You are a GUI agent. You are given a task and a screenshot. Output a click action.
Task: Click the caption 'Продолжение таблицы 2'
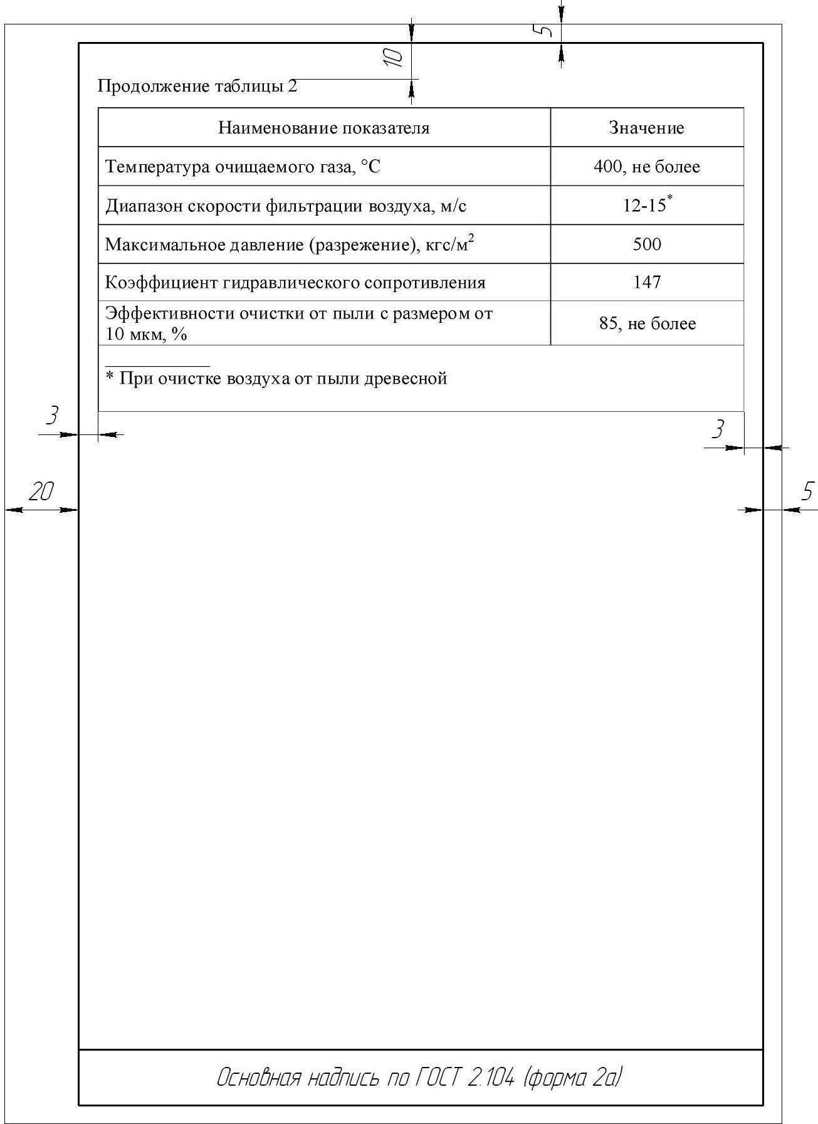197,87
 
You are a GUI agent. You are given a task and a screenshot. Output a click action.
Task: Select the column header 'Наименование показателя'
323,128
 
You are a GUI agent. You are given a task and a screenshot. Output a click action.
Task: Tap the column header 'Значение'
646,128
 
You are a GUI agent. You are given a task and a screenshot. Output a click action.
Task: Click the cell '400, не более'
646,167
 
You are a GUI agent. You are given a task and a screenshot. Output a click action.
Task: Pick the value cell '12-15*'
646,205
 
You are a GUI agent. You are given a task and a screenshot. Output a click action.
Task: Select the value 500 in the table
646,244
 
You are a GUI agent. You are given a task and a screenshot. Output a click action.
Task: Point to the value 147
646,282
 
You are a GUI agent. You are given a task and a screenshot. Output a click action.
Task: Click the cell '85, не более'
646,323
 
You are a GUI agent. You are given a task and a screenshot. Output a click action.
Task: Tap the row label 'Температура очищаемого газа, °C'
243,167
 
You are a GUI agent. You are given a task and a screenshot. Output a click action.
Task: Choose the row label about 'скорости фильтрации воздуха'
285,206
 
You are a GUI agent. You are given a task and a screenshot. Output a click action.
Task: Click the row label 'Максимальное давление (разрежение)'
289,244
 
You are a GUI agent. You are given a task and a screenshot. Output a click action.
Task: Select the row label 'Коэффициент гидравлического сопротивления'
295,283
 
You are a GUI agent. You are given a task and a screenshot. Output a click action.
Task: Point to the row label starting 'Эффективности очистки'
298,323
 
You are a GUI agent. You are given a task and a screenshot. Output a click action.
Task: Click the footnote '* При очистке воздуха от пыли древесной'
276,378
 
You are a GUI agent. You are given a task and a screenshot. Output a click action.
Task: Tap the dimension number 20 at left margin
41,491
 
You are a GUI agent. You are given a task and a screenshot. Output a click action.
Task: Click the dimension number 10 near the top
393,57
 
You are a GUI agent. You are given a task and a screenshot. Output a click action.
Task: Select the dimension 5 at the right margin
807,491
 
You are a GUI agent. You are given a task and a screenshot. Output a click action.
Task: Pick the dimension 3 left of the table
53,415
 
